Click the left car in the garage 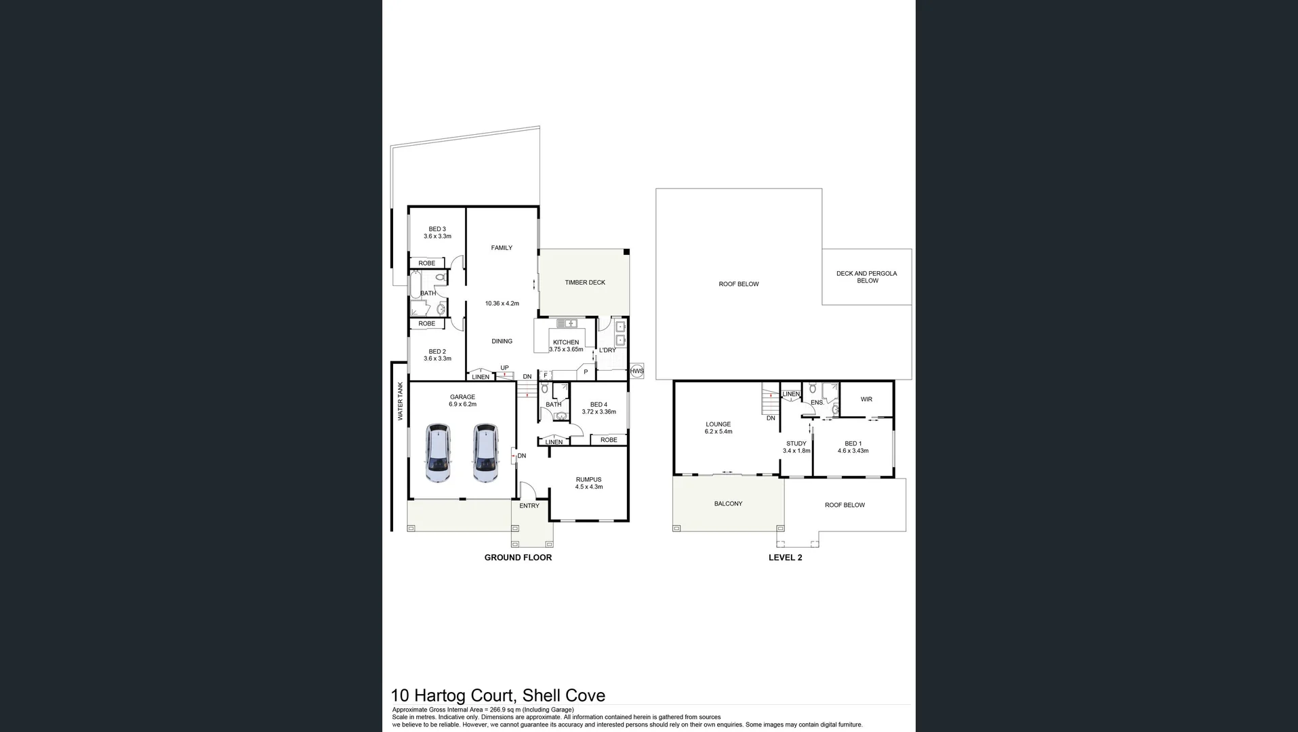(439, 453)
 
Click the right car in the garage (485, 453)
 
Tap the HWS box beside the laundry (636, 371)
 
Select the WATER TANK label (400, 401)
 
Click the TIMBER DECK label (585, 283)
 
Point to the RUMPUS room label (588, 480)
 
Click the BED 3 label (437, 229)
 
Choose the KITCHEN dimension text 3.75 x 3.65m (566, 350)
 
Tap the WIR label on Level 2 (866, 399)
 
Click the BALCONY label (728, 504)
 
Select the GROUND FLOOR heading (518, 557)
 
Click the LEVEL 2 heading (785, 557)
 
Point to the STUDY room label (796, 444)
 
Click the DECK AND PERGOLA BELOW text (866, 277)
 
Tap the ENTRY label (529, 506)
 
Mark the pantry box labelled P (586, 371)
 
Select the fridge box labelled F (545, 375)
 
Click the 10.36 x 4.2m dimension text (502, 304)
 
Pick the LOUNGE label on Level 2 (718, 424)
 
